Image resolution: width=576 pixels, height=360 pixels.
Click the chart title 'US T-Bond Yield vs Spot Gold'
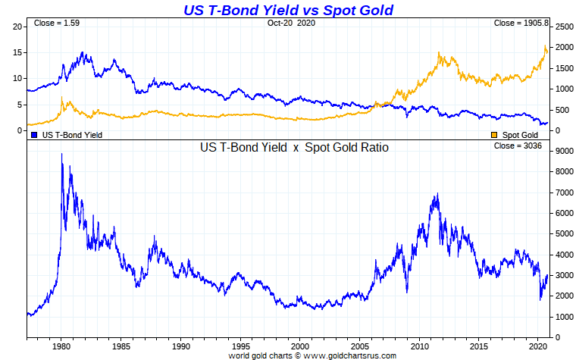pos(289,10)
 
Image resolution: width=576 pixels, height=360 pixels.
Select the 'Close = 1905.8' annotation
pos(521,23)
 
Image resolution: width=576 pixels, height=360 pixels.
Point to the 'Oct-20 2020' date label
pos(290,23)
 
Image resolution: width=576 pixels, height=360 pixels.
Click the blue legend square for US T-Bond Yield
pos(34,134)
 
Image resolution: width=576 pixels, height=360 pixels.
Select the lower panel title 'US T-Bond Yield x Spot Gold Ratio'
pos(294,148)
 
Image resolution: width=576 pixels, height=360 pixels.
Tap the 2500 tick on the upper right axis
pos(565,27)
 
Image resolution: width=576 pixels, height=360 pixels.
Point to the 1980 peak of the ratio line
pos(61,155)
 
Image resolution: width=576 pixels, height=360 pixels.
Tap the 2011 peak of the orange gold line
pos(440,52)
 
